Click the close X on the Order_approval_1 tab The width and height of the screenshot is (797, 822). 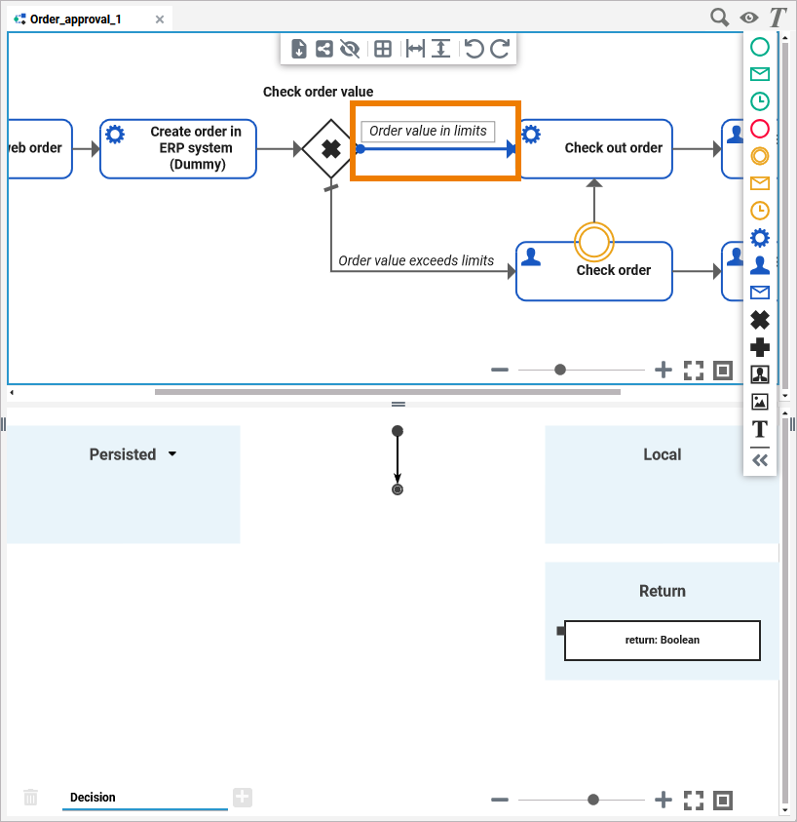[160, 19]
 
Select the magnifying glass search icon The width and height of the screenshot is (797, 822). [719, 17]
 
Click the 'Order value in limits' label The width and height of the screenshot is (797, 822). [428, 131]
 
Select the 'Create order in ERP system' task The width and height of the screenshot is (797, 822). [178, 148]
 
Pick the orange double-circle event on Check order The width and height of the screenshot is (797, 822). [593, 241]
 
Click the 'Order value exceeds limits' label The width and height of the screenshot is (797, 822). [416, 260]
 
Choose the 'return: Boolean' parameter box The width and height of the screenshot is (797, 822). [662, 641]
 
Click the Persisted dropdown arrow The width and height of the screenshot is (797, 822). [172, 454]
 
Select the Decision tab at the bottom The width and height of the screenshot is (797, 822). [93, 798]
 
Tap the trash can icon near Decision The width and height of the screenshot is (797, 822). [31, 798]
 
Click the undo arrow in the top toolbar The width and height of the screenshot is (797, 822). [474, 49]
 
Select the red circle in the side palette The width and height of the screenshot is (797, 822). [760, 128]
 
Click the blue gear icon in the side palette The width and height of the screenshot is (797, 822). [760, 237]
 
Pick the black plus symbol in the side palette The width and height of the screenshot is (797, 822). [760, 346]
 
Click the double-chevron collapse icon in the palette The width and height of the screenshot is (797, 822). [760, 460]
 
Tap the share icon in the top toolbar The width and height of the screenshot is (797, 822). [323, 49]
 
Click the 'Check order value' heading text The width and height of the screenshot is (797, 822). [318, 92]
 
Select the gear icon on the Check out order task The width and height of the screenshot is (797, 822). [531, 133]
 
